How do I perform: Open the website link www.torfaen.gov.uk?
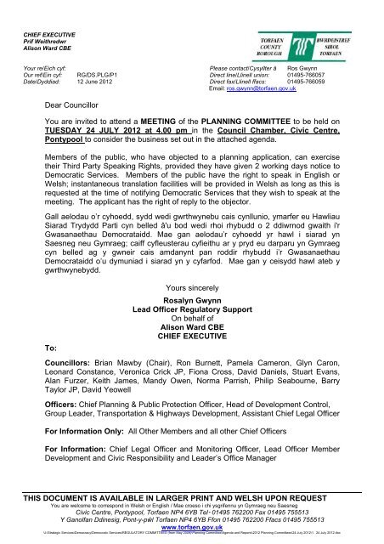192,526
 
